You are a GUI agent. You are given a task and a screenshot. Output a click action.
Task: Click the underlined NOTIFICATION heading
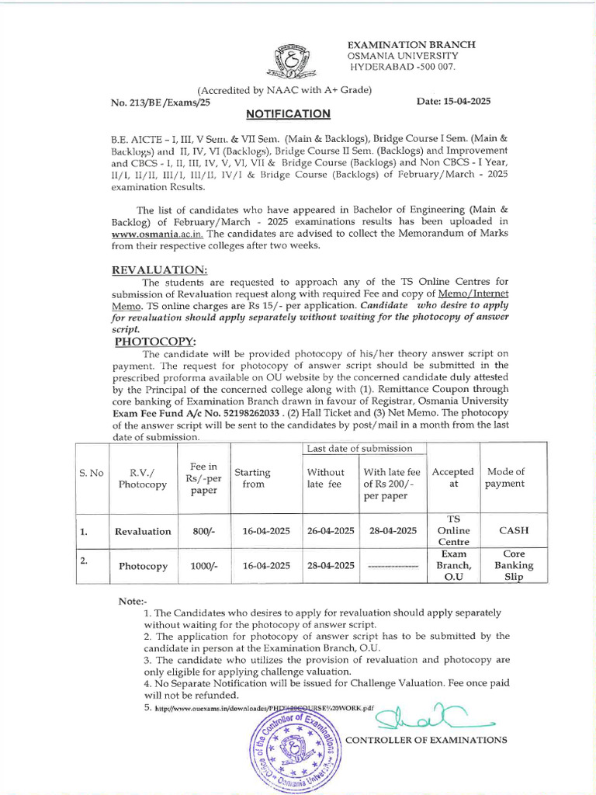click(288, 114)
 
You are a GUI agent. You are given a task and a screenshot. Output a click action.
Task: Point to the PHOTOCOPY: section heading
click(156, 341)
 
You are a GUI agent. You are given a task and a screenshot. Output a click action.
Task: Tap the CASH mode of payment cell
click(514, 531)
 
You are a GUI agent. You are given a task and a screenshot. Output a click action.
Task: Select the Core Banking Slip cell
click(514, 566)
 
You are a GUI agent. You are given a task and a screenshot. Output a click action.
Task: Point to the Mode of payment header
click(505, 477)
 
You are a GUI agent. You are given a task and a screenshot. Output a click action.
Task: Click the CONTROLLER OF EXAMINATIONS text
click(426, 740)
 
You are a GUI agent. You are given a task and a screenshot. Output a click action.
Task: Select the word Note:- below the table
click(134, 602)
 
